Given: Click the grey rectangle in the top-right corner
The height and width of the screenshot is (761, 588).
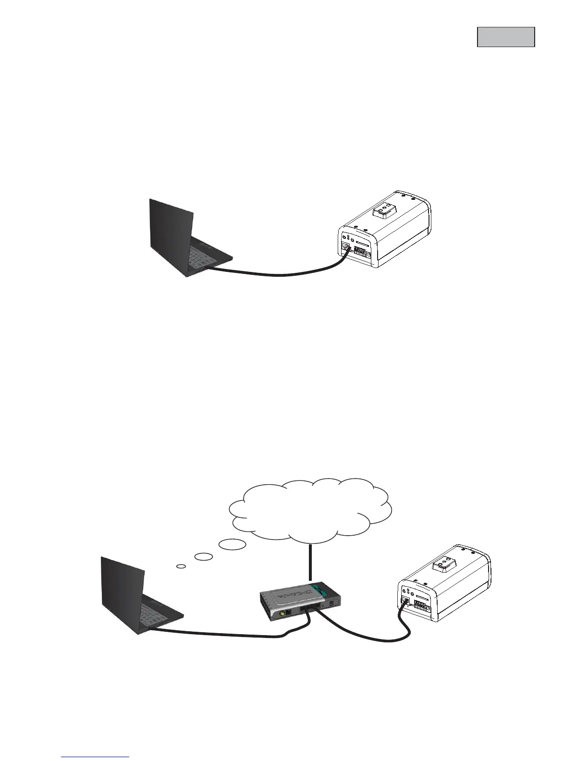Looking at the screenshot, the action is (x=506, y=37).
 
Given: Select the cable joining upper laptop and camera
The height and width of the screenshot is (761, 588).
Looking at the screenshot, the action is (x=279, y=274).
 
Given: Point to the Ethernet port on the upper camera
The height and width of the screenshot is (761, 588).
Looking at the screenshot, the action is (x=345, y=247).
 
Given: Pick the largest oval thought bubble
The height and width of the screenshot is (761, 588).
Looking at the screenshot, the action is (x=233, y=544).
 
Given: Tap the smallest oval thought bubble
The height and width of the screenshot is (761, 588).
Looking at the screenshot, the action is (x=181, y=566).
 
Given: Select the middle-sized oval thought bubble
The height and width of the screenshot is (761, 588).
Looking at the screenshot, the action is (x=204, y=556).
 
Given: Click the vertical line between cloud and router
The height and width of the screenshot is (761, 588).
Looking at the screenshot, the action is (x=311, y=563).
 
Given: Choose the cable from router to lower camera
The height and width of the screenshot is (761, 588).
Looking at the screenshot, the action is (x=365, y=634).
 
